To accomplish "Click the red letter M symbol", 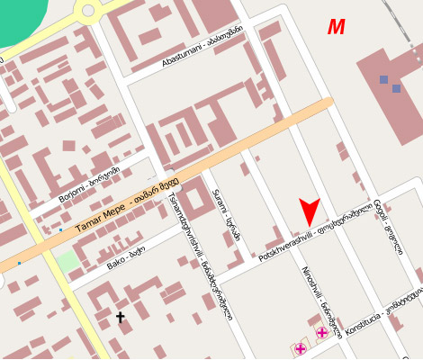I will coord(336,28).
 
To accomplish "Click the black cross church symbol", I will coord(121,317).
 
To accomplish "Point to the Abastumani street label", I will coord(202,47).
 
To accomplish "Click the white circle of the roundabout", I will coord(88,11).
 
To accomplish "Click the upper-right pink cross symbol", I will coord(321,333).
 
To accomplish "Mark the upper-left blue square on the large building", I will coord(384,80).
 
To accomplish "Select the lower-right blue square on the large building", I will coord(396,88).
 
